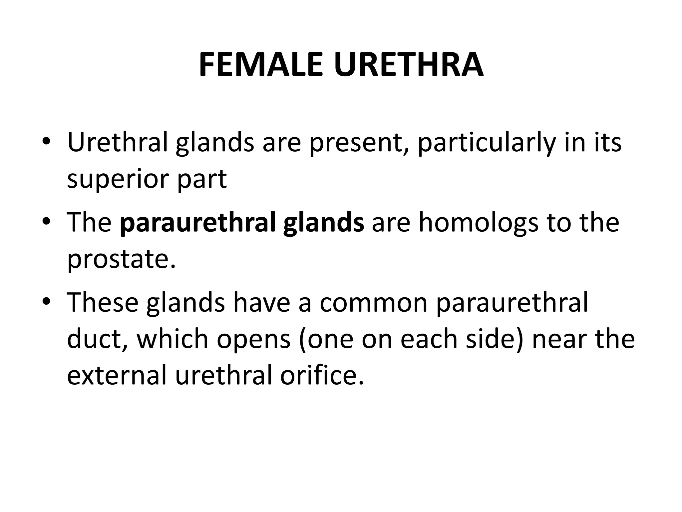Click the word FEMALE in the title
pos(261,65)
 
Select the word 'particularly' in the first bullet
pos(487,143)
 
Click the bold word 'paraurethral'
pos(198,223)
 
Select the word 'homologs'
pos(478,223)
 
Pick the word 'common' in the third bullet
pos(374,303)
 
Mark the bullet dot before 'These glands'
pos(46,301)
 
